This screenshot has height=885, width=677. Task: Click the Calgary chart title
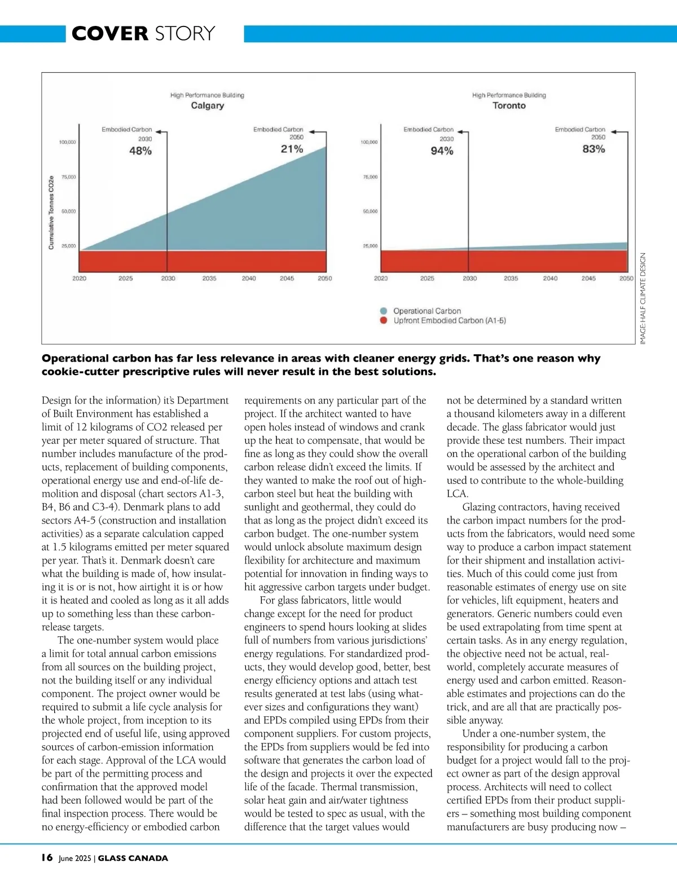pyautogui.click(x=207, y=105)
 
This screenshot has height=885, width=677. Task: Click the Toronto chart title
pyautogui.click(x=509, y=105)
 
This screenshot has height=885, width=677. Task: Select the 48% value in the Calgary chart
pyautogui.click(x=140, y=151)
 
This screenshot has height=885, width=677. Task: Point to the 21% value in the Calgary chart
pyautogui.click(x=292, y=149)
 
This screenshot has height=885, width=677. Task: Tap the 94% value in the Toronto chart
pyautogui.click(x=442, y=151)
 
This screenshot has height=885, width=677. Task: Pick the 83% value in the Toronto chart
pyautogui.click(x=594, y=149)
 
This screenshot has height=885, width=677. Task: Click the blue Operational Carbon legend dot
pyautogui.click(x=384, y=311)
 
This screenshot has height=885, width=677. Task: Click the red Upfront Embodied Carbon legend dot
pyautogui.click(x=384, y=320)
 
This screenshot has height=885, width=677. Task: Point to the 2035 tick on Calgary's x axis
pyautogui.click(x=209, y=278)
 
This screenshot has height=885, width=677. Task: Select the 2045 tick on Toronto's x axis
pyautogui.click(x=588, y=278)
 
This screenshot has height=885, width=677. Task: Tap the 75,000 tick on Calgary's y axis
pyautogui.click(x=68, y=177)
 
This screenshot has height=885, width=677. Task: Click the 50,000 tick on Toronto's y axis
pyautogui.click(x=370, y=212)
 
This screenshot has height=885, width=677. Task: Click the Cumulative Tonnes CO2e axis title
pyautogui.click(x=51, y=213)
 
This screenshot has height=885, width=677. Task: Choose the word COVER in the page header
pyautogui.click(x=110, y=33)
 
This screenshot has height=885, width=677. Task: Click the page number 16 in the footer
pyautogui.click(x=47, y=857)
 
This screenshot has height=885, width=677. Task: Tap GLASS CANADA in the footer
pyautogui.click(x=133, y=858)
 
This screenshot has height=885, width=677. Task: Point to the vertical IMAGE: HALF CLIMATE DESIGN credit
pyautogui.click(x=643, y=298)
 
